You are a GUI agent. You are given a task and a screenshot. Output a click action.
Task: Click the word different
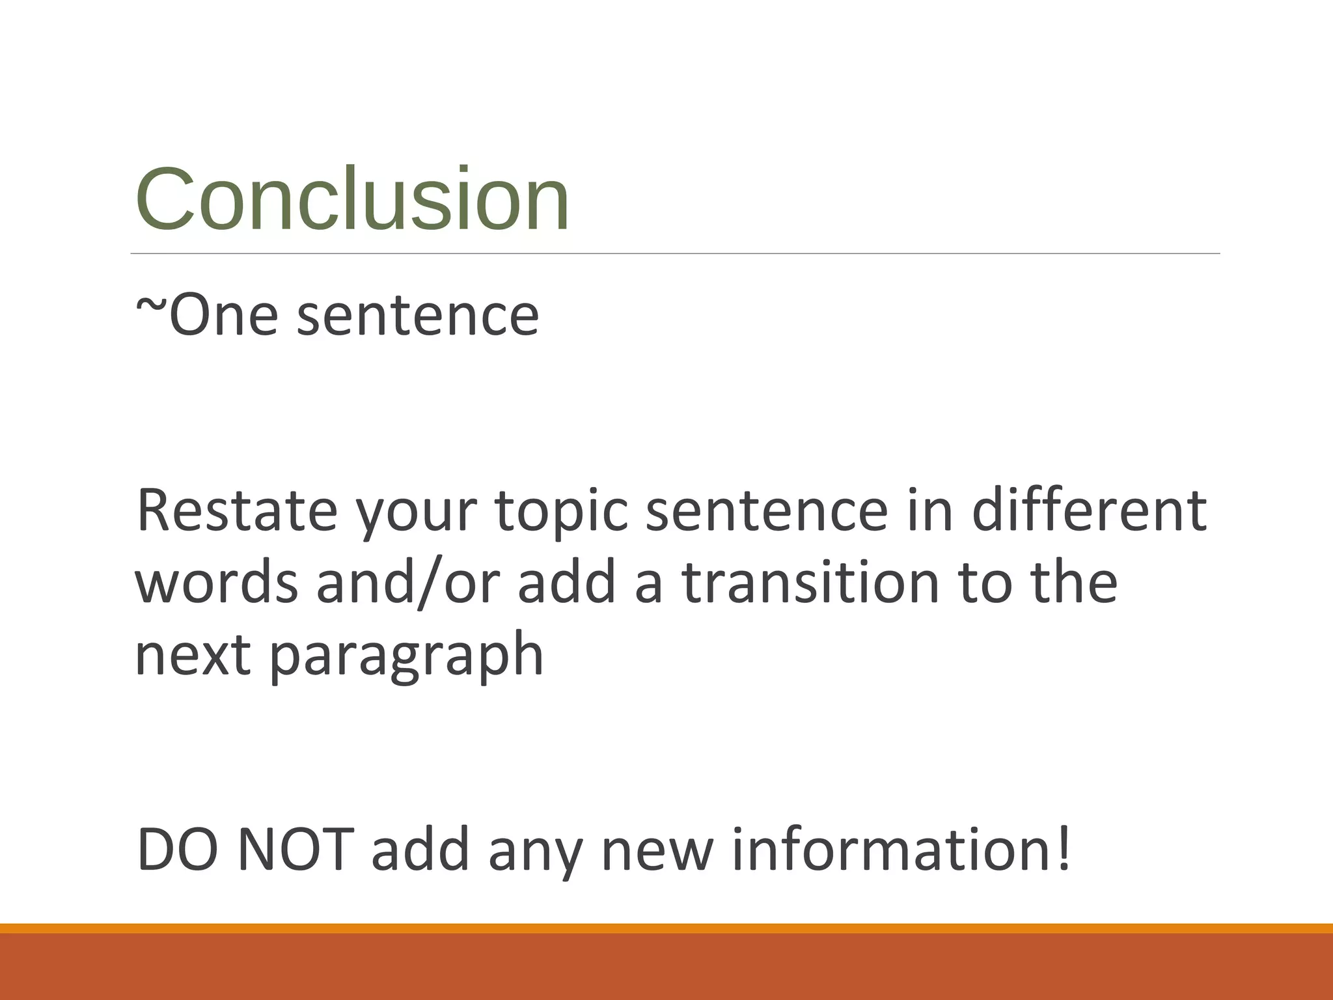tap(1089, 511)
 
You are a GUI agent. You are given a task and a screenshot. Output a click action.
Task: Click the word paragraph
tap(406, 658)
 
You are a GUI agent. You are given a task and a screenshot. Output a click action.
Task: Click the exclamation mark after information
tap(1064, 850)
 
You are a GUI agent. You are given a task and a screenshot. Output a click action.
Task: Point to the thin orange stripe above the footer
tap(666, 928)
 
